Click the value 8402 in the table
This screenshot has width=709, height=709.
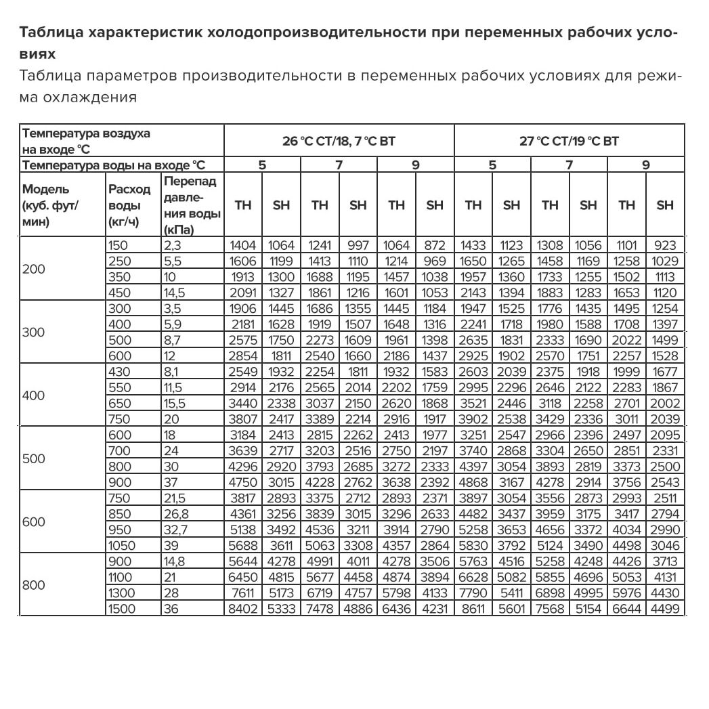coord(242,609)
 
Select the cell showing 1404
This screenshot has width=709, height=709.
coord(242,246)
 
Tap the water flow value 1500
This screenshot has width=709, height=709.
coord(122,609)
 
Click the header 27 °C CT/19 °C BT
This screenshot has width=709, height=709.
coord(569,142)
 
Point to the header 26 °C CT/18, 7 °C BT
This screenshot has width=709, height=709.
coord(339,142)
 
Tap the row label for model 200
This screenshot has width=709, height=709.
coord(34,269)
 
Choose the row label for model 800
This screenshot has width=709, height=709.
coord(34,585)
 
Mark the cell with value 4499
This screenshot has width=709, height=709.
coord(665,609)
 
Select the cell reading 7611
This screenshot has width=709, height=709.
coord(242,593)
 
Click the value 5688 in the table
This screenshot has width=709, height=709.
coord(242,546)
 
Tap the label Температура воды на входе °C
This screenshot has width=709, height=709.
coord(113,165)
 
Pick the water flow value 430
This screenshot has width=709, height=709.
coord(118,372)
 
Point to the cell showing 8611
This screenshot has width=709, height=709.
coord(473,609)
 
